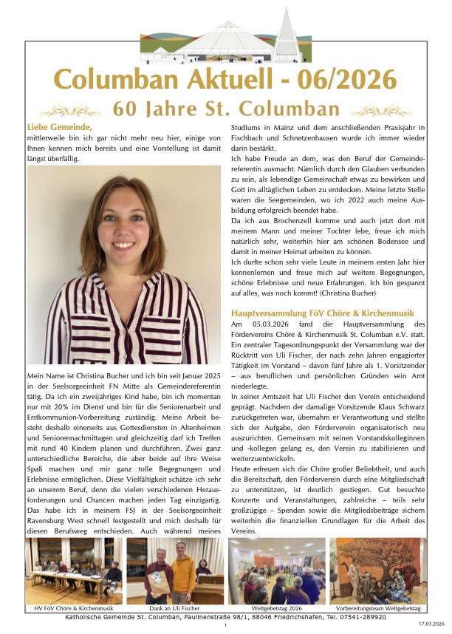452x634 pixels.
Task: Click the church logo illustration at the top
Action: click(x=227, y=41)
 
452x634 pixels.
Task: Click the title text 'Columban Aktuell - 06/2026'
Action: click(x=226, y=80)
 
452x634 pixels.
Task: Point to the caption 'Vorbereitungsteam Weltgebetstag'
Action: click(x=377, y=608)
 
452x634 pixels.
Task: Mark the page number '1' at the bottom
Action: click(x=225, y=625)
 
